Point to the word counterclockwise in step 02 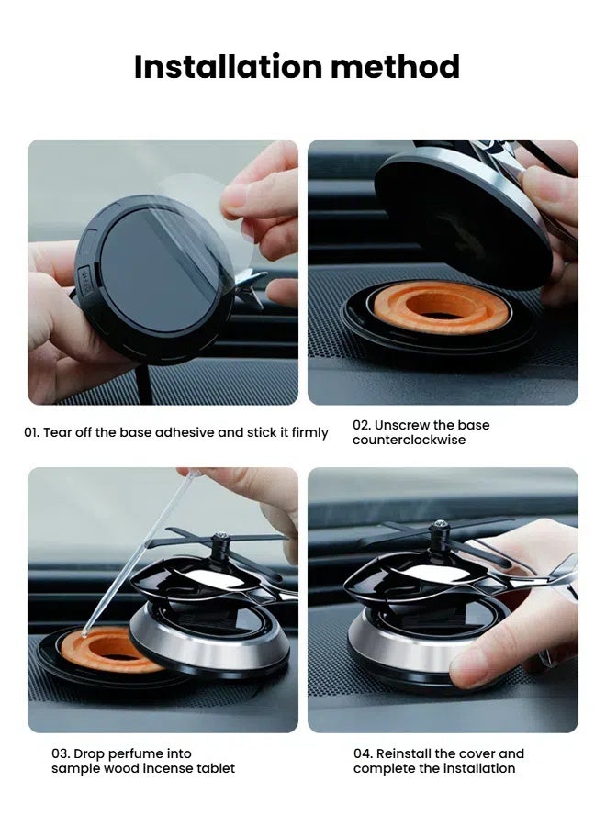(409, 441)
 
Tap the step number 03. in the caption (62, 753)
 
